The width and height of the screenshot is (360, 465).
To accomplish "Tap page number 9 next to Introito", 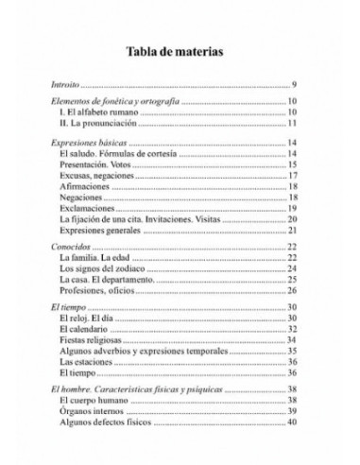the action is coord(295,86).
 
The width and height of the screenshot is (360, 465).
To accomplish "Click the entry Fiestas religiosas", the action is coord(93,340).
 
